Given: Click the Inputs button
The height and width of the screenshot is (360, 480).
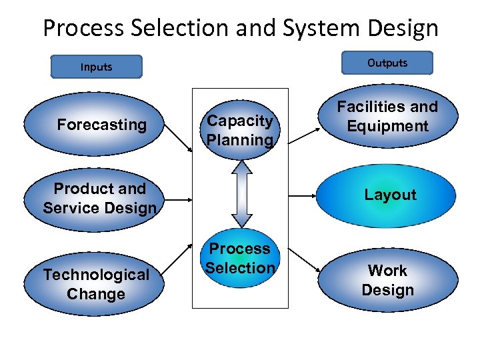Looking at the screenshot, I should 96,67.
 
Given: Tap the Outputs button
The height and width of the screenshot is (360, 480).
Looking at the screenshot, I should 387,63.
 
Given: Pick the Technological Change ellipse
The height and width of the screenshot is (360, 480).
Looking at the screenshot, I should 96,284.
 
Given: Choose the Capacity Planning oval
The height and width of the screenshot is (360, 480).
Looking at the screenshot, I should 240,131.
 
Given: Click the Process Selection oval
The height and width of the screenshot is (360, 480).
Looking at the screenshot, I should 240,259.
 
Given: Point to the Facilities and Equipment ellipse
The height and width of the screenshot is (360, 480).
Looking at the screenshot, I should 387,117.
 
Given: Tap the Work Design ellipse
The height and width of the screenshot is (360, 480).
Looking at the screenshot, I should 387,281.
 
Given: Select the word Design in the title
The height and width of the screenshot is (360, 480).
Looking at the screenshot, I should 405,29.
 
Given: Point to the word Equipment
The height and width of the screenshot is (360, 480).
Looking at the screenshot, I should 387,127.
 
